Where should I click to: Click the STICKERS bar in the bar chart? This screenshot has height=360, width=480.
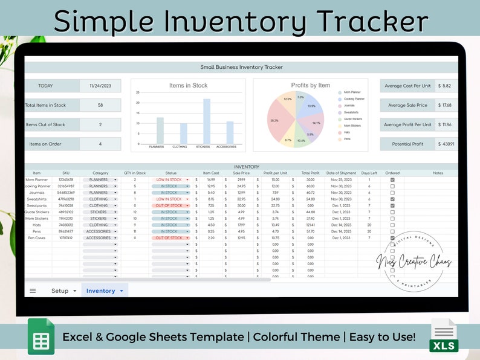click(207, 121)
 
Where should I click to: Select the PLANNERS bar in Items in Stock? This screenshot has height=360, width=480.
click(160, 130)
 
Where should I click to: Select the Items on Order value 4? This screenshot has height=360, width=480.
click(100, 144)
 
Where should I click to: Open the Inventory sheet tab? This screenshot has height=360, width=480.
click(101, 291)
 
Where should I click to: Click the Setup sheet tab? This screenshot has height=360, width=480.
click(60, 291)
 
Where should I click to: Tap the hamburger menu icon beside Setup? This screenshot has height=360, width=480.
click(33, 291)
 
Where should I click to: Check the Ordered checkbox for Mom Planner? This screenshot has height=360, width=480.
click(392, 179)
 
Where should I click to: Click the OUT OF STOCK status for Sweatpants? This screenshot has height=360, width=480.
click(170, 205)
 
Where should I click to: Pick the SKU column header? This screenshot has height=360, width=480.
click(66, 173)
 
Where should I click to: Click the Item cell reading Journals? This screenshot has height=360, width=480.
click(37, 193)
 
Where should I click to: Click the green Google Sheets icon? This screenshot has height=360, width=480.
click(41, 336)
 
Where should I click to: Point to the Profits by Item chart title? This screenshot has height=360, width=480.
click(311, 85)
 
